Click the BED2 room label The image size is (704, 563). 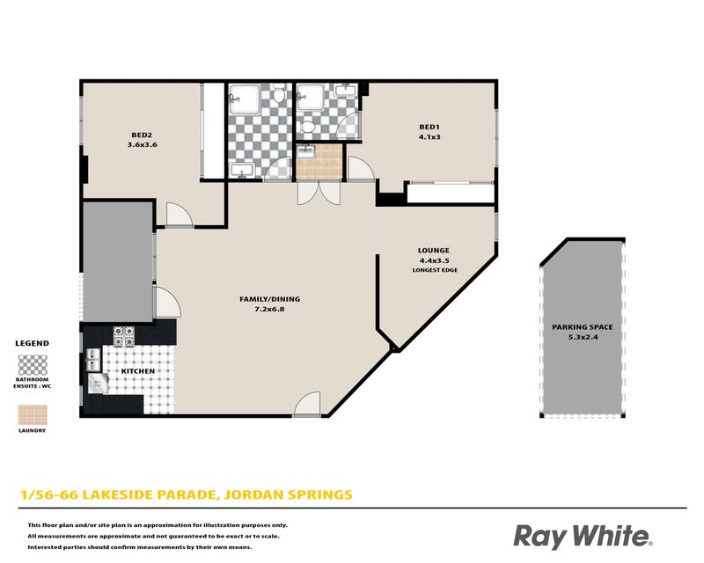pos(142,135)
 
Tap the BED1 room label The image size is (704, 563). pos(429,127)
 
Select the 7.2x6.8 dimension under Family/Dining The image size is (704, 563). pos(269,309)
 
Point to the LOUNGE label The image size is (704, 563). pos(434,251)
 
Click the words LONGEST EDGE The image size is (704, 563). pos(435,270)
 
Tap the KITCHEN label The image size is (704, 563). pos(138,371)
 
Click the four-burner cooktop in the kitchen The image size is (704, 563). pos(123,337)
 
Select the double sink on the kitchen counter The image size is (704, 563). pos(93,360)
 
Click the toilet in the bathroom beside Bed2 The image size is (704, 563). pos(279,94)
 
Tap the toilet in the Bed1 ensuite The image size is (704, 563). pos(307,127)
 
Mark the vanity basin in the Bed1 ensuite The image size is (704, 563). pos(346,91)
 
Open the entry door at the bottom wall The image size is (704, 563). pos(307,405)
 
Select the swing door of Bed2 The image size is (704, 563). pos(180,215)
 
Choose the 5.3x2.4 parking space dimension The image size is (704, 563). pos(583,337)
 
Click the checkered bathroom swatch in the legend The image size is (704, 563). pos(33,365)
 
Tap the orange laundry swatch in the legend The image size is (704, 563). pos(33,415)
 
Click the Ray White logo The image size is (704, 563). pos(583,537)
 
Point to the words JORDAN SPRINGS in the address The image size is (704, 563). pos(289,494)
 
